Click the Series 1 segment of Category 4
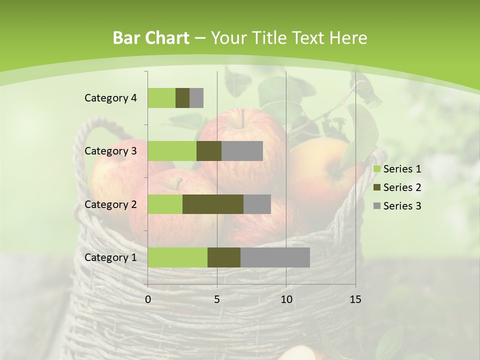161,98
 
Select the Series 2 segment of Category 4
182,98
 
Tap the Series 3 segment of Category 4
196,98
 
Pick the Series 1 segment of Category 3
172,151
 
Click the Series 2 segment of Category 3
209,151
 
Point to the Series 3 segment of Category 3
242,151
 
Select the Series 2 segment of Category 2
213,204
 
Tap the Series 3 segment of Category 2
257,204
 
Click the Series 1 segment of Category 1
177,257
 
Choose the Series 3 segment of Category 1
275,257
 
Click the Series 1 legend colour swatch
376,169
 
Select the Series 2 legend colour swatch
376,187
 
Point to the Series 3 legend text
402,206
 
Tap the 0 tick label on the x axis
148,299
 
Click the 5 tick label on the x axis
217,299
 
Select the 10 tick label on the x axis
286,299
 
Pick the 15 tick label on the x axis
355,299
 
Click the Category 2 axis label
110,204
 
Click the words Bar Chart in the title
151,38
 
